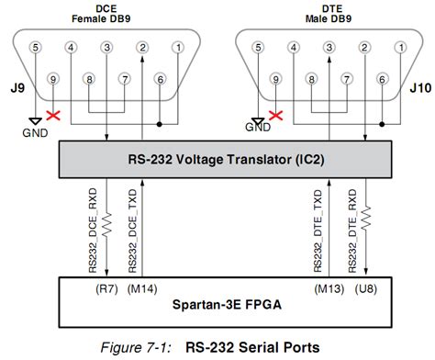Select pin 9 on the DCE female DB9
click(52, 81)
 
